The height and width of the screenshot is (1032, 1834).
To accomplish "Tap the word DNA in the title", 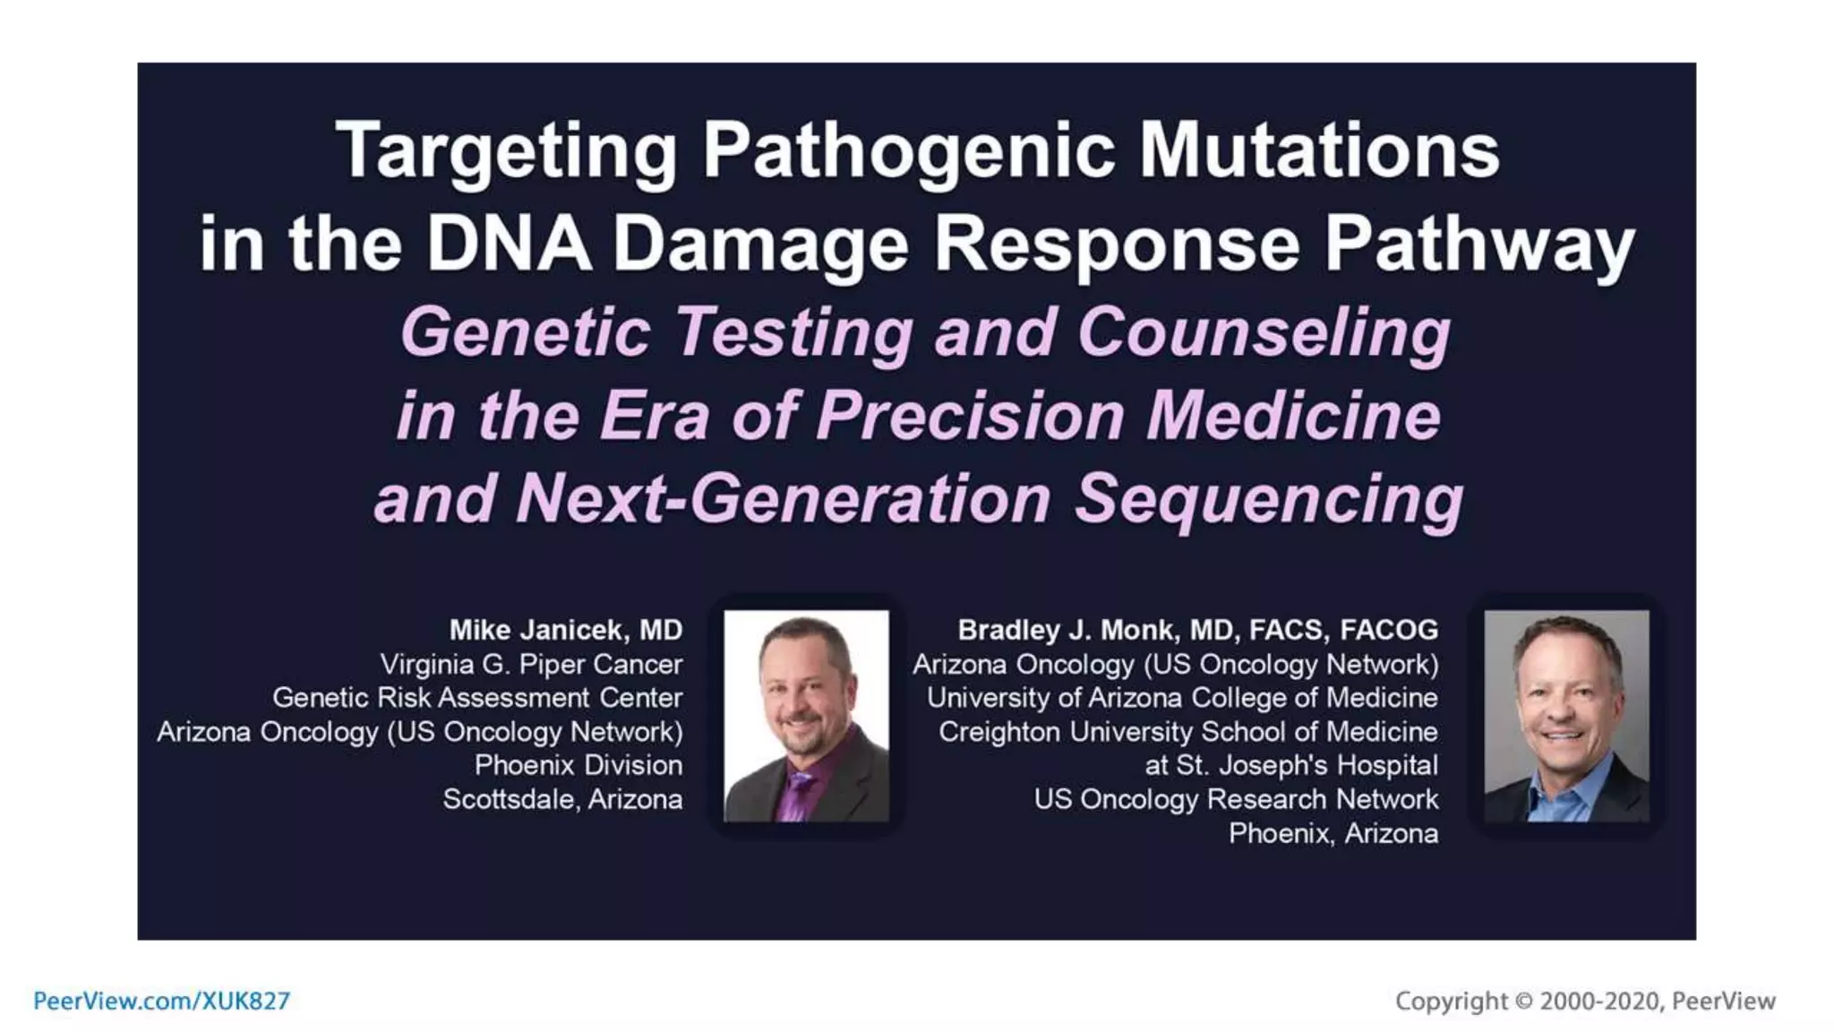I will pyautogui.click(x=508, y=244).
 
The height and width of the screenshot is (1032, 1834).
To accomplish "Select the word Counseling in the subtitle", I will pyautogui.click(x=1264, y=333).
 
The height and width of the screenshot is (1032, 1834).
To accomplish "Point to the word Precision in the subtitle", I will pyautogui.click(x=970, y=417).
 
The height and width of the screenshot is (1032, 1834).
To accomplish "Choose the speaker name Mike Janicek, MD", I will pyautogui.click(x=565, y=630).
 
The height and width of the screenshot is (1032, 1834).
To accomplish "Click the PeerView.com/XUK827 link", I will pyautogui.click(x=161, y=1001).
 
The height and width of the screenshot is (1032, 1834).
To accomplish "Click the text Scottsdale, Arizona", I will pyautogui.click(x=562, y=799).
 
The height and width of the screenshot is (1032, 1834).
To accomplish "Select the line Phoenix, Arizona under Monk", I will pyautogui.click(x=1333, y=833).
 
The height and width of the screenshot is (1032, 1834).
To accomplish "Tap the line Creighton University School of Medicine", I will pyautogui.click(x=1187, y=732).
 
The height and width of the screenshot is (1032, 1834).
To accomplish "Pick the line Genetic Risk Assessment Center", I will pyautogui.click(x=477, y=698).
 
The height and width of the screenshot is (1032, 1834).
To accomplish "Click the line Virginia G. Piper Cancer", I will pyautogui.click(x=531, y=664).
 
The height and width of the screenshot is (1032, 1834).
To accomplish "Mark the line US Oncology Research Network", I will pyautogui.click(x=1236, y=799).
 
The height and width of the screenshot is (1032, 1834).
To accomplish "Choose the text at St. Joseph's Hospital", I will pyautogui.click(x=1290, y=765).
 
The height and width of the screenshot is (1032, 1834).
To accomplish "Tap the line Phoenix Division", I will pyautogui.click(x=578, y=765).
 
